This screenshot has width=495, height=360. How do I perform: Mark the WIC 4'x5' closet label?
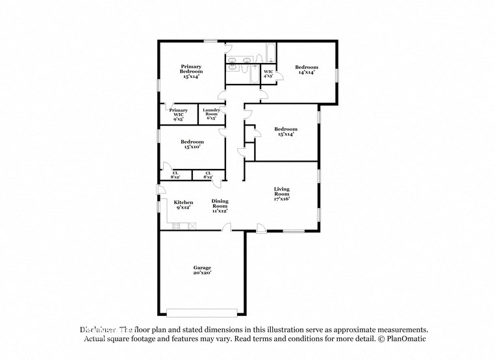coord(268,73)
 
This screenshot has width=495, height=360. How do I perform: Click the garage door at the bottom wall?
coord(201,312)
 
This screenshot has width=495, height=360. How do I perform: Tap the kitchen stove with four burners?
coord(192,225)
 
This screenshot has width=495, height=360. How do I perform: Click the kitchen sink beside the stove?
coord(175,225)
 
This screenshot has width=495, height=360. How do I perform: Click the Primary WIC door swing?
coord(168,106)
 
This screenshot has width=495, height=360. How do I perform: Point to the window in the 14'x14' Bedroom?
coord(337,75)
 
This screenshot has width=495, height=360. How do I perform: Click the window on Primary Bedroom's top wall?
coord(210,42)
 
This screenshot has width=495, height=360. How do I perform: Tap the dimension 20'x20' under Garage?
coord(201,274)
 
